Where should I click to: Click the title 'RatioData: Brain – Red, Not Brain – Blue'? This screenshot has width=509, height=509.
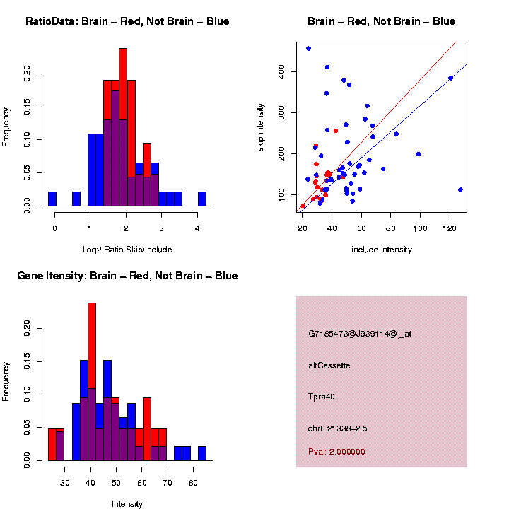tap(127, 21)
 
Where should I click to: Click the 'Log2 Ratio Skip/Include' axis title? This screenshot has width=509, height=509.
tap(127, 250)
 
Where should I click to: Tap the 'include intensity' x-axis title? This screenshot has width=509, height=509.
tap(382, 250)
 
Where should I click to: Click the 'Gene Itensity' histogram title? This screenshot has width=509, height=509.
tap(127, 275)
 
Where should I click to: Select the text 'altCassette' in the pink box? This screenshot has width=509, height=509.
tap(329, 365)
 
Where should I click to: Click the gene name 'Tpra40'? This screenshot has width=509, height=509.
tap(322, 397)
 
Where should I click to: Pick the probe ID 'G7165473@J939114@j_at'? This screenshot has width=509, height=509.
tap(360, 334)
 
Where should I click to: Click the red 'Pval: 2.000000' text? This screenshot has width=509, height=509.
tap(337, 451)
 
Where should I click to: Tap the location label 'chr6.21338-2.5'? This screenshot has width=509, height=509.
tap(337, 428)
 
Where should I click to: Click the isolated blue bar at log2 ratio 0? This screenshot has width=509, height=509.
tap(52, 199)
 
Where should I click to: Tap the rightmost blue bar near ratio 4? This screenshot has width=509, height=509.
tap(201, 199)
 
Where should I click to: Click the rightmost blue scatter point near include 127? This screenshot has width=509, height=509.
tap(460, 189)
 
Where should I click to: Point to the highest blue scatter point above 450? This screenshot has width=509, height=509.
tap(308, 48)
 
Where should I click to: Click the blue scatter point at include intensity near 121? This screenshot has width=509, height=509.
tap(450, 78)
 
